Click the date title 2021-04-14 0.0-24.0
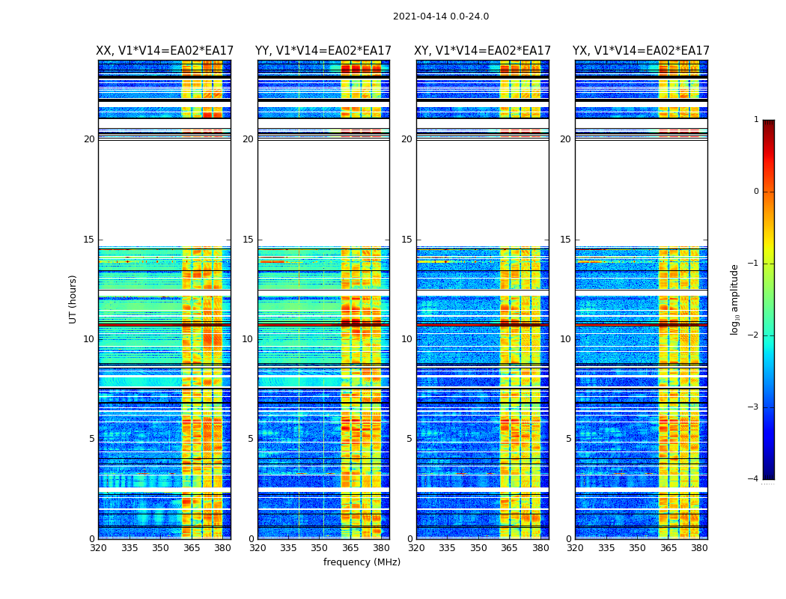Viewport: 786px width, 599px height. coord(441,16)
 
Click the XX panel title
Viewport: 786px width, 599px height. coord(165,51)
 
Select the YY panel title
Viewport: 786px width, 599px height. coord(323,51)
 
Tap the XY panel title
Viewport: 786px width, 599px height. coord(482,51)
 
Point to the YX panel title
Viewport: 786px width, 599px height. coord(641,51)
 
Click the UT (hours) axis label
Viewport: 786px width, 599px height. coord(73,299)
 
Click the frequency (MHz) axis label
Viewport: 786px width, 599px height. coord(362,562)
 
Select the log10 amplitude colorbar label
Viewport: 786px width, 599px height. coord(735,299)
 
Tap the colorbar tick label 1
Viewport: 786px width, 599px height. coord(755,120)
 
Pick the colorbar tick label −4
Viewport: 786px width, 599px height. coord(754,479)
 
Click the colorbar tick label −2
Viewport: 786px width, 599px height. coord(754,335)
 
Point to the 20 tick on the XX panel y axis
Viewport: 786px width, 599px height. coord(89,139)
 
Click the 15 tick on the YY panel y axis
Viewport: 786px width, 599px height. coord(248,240)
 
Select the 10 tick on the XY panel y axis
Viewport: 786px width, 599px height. coord(406,339)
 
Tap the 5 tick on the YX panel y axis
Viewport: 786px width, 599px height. coord(568,439)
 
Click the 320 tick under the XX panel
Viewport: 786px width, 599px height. coord(99,548)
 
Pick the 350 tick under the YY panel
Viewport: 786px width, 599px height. coord(320,548)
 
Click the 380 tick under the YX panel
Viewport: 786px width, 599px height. coord(699,548)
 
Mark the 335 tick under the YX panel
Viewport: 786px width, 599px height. coord(606,548)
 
